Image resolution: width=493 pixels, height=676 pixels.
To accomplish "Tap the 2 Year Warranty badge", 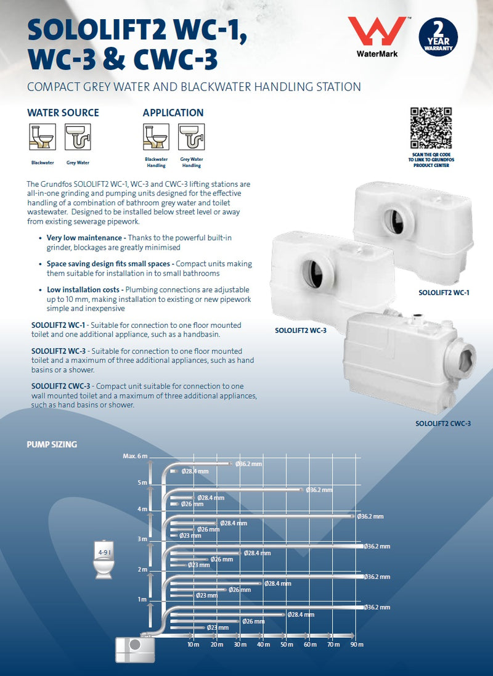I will point(438,37).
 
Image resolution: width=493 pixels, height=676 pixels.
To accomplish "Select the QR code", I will point(431,128).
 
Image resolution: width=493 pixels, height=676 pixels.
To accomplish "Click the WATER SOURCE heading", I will point(63,113).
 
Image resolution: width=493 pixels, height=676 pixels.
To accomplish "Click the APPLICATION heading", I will point(173,113).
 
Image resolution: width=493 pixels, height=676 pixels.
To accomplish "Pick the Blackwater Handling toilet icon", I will point(156,137).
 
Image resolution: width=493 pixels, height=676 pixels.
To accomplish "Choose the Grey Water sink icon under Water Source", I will point(78,137).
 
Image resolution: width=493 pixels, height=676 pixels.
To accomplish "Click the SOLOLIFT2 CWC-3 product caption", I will point(443,423).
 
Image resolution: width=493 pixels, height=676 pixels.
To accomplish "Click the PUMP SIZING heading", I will point(52,444).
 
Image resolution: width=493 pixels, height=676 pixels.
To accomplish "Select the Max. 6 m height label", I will point(135,456).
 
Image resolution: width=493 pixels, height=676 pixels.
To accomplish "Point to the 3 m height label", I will point(142,539).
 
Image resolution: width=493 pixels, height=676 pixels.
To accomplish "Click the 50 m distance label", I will point(287,645).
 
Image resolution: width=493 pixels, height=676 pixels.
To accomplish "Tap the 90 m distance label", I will point(357,645).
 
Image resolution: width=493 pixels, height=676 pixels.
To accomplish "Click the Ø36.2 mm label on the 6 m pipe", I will point(249,463).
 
